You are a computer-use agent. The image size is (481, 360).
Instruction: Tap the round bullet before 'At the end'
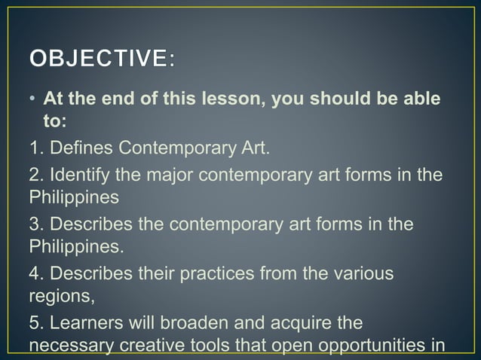pos(33,99)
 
